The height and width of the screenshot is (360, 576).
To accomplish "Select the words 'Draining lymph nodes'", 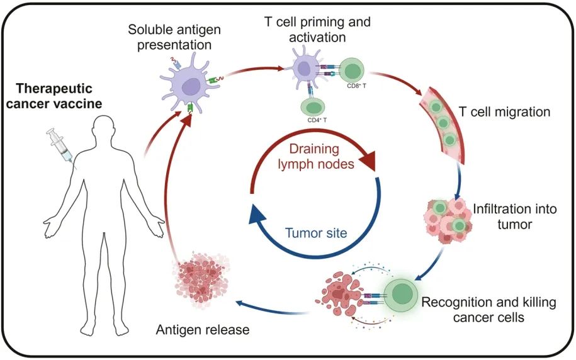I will [x=315, y=157].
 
